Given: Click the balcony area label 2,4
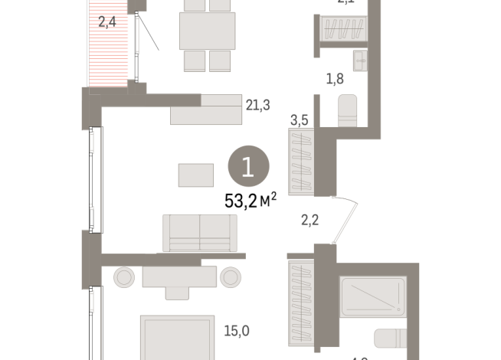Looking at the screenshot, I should click(107, 22).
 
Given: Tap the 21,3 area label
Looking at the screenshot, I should click(257, 106).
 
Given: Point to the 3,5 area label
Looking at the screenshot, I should click(299, 119).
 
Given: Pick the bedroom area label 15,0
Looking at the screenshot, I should click(236, 331).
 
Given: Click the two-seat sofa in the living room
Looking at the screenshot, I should click(199, 232).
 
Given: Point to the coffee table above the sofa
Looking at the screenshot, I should click(197, 175).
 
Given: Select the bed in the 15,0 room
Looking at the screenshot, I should click(176, 337).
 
